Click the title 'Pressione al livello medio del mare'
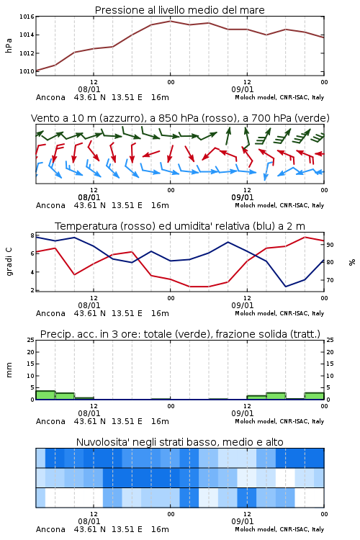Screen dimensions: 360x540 coord(180,10)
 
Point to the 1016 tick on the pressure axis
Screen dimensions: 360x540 coord(27,17)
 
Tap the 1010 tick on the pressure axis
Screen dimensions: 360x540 coord(27,71)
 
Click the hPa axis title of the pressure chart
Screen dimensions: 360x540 coord(9,46)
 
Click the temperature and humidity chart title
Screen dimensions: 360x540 coord(180,226)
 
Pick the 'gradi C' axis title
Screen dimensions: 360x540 coord(9,261)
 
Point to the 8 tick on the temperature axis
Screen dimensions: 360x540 coord(32,235)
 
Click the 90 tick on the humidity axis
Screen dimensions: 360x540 coord(330,245)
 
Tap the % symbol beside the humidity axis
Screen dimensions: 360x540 coord(352,262)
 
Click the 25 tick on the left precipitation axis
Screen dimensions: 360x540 coord(31,341)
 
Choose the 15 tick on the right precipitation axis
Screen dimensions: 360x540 coord(330,364)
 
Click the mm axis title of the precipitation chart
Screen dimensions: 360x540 coord(9,370)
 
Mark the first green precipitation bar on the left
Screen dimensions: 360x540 coord(45,395)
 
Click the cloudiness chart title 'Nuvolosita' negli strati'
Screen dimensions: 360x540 coord(180,442)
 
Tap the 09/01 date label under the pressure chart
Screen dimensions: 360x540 coord(243,89)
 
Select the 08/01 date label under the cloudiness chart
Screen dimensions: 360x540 coord(89,521)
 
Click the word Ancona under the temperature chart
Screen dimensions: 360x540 coord(50,313)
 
